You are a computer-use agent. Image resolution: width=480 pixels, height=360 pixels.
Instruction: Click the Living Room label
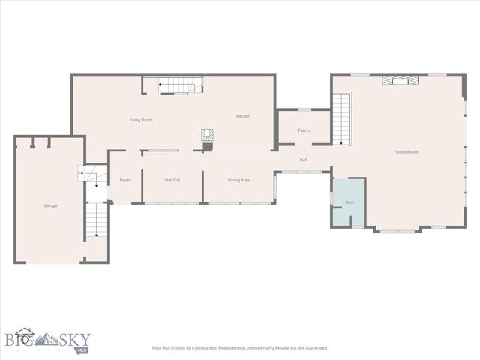pos(141,120)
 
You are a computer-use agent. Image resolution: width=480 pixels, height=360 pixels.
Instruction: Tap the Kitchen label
pos(243,116)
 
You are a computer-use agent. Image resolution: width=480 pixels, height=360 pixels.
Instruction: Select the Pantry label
pos(304,130)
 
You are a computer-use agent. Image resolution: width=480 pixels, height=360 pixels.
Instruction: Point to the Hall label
pos(304,160)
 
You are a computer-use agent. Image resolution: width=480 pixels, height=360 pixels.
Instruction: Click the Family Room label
pos(406,152)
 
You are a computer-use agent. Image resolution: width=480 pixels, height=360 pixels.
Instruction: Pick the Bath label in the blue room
pos(349,203)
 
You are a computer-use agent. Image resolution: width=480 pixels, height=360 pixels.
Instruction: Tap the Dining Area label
pos(238,180)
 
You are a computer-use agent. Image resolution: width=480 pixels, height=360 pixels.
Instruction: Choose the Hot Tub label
pos(172,180)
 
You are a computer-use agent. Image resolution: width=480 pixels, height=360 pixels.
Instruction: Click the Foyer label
pos(125,180)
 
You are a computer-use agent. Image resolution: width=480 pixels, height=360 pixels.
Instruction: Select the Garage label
pos(50,205)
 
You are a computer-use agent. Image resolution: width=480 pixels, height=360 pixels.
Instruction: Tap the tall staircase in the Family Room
pos(342,118)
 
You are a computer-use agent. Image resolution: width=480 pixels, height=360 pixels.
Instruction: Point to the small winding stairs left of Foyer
pos(88,175)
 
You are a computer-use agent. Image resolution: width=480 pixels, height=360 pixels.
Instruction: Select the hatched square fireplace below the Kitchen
pos(208,136)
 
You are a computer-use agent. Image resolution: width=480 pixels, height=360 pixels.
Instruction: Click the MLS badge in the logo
pos(81,348)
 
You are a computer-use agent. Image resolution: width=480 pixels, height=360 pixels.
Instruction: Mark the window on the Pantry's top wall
pos(304,110)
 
